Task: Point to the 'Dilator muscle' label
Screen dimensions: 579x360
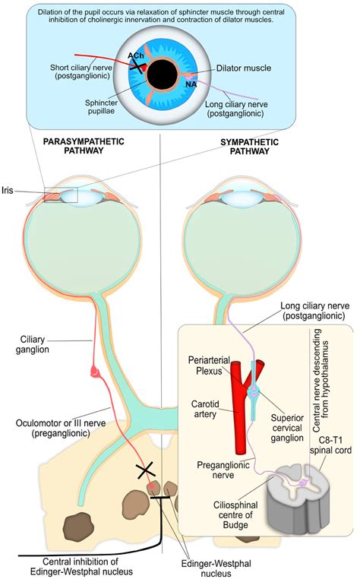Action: (x=244, y=68)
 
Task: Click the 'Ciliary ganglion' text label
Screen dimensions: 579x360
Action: (x=35, y=343)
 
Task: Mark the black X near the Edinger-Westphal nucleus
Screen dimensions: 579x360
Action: (x=145, y=471)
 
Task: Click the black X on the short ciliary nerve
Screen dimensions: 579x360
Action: (x=138, y=65)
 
